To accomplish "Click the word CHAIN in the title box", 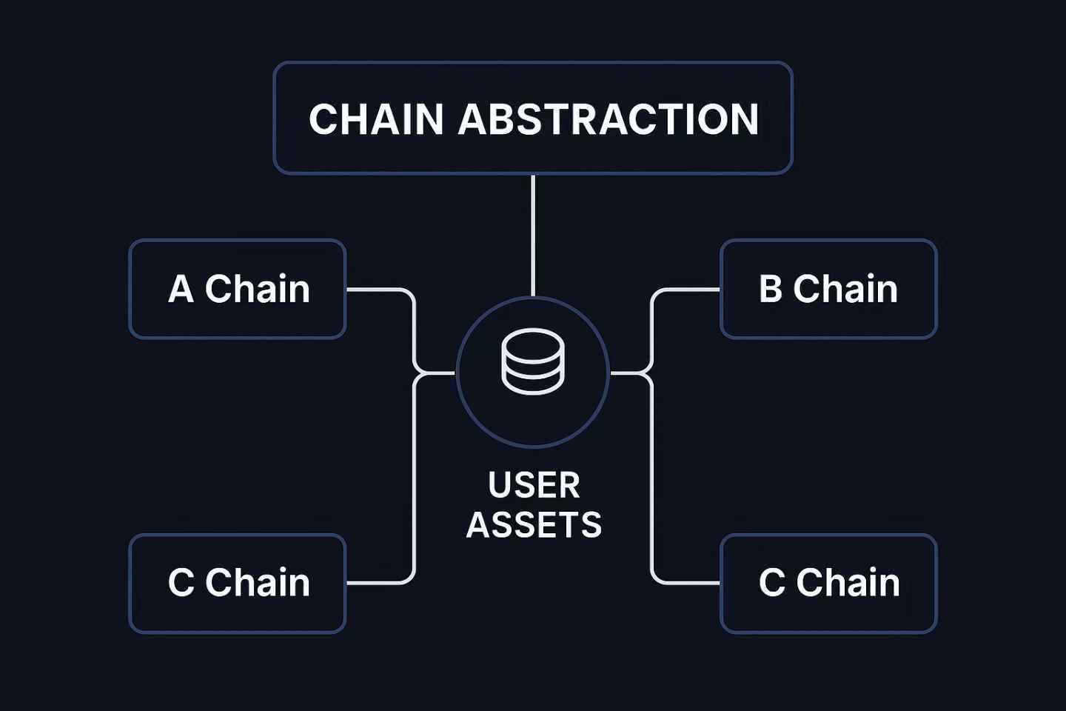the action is pos(376,118).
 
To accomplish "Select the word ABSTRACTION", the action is pos(609,118).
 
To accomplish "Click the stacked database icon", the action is pos(533,361).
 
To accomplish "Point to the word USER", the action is pos(534,485).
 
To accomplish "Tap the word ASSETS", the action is pos(534,525).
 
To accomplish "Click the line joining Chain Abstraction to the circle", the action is pos(533,236).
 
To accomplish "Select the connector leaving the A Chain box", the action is pos(414,329).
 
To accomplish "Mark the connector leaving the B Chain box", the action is pos(651,329).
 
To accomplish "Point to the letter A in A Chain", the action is pos(181,289).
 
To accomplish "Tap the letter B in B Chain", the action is pos(771,289).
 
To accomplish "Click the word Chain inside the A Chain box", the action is pos(258,289).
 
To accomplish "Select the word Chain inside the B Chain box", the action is pos(845,289).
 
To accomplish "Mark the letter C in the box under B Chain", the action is pos(772,583).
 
